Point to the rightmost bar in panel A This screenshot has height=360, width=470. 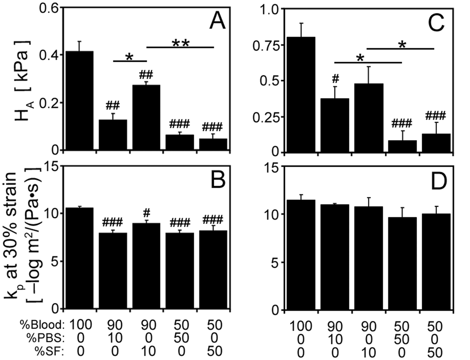(214, 144)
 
